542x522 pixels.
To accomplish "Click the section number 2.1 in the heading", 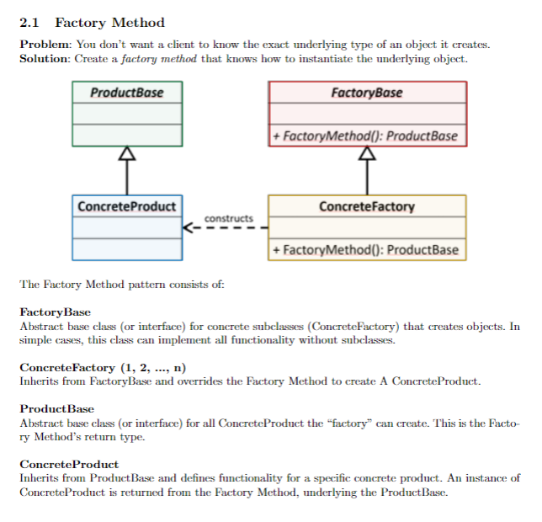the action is [x=29, y=23].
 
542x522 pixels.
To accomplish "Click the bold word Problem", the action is [x=45, y=45].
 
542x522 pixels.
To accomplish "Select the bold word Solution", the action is [x=44, y=59].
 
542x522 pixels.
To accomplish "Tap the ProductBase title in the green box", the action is [x=127, y=93].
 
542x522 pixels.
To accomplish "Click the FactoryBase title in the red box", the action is [x=367, y=93].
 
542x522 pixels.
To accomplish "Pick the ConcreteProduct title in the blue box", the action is [x=127, y=206].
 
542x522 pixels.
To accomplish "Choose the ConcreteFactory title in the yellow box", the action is [x=367, y=207].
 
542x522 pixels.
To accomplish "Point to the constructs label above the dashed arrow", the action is [x=229, y=218].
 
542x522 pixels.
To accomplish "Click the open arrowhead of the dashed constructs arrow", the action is [x=187, y=228].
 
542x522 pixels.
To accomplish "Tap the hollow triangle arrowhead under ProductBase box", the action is [x=127, y=152].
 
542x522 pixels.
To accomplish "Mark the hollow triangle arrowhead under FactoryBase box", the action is [x=367, y=152].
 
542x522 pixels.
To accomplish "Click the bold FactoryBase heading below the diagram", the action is [x=55, y=312].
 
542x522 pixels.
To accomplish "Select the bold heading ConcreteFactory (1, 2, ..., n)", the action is [x=103, y=367].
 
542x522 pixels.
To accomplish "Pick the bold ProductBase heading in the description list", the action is [x=56, y=409].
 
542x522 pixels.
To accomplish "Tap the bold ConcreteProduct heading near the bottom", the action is [x=69, y=464].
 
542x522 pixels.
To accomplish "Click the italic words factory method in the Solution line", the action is [x=159, y=59].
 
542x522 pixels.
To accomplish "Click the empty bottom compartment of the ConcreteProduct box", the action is [x=127, y=249].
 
